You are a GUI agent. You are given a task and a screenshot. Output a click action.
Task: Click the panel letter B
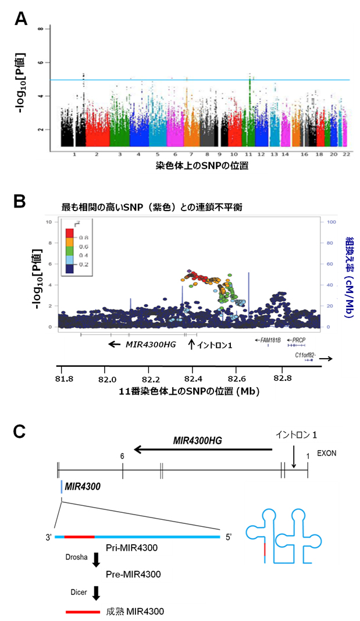tap(21, 202)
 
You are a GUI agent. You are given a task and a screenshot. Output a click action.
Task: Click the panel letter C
tap(20, 431)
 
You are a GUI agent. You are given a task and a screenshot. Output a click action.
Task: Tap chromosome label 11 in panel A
tap(248, 155)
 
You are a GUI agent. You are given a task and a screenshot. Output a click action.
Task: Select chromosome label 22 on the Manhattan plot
tap(347, 155)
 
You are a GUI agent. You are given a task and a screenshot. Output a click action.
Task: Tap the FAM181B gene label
tap(270, 338)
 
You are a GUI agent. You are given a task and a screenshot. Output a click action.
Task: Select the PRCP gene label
tap(299, 338)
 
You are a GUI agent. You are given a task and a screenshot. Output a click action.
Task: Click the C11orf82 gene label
tap(305, 353)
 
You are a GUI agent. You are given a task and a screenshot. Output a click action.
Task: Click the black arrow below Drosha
tap(96, 559)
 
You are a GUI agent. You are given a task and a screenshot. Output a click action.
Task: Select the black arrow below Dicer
tap(96, 592)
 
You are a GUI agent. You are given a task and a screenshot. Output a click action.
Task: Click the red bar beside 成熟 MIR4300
tap(81, 612)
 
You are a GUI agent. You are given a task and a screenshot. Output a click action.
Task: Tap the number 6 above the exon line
tap(122, 456)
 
